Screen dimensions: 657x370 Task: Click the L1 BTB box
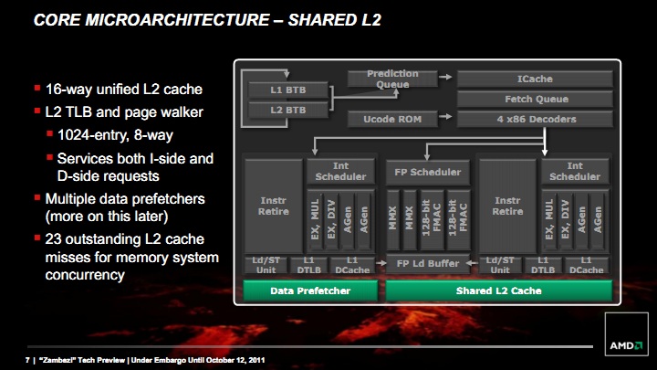click(287, 90)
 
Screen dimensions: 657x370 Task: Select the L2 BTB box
click(287, 110)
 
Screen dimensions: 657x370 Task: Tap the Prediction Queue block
click(392, 79)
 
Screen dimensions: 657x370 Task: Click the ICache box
click(535, 79)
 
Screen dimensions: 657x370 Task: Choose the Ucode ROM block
click(392, 119)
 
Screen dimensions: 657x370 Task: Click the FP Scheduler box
click(427, 172)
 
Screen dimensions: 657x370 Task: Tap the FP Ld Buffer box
click(427, 263)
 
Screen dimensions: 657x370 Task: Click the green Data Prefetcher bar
click(310, 291)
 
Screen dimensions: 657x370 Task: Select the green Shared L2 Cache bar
click(498, 291)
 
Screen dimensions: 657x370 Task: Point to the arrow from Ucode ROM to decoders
click(445, 116)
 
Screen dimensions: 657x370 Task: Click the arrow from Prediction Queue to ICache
click(445, 77)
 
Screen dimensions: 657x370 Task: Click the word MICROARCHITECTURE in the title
click(177, 20)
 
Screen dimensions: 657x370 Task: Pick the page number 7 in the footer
click(27, 360)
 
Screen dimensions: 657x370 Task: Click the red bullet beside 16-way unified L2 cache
click(37, 88)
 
